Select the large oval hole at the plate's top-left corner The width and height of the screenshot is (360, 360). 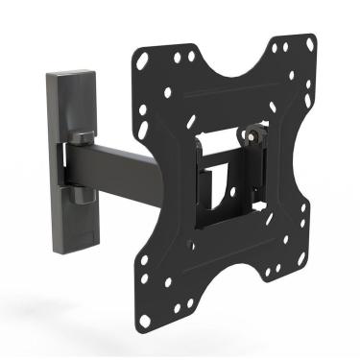click(x=142, y=60)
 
